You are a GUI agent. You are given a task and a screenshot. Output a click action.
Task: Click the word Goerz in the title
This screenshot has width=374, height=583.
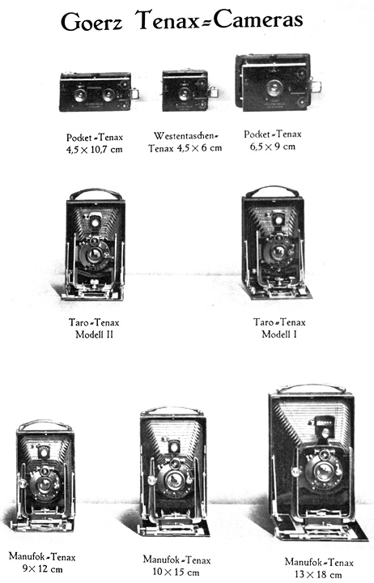pos(91,22)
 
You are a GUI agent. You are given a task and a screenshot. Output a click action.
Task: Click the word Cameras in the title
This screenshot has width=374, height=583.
pos(258,19)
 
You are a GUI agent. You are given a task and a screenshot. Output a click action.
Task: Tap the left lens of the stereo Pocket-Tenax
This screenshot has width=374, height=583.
pos(80,96)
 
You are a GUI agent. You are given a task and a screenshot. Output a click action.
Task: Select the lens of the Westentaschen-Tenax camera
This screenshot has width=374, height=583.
pos(184,94)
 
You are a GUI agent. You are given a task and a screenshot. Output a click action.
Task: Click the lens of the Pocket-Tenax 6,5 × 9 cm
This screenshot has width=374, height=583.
pos(274,87)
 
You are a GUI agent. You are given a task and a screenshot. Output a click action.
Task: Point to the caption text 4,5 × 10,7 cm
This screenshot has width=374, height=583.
pos(95,150)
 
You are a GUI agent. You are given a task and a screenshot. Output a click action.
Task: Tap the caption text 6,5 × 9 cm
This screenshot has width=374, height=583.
pos(273,146)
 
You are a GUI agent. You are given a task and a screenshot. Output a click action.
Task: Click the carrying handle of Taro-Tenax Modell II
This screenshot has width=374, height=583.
pos(96,193)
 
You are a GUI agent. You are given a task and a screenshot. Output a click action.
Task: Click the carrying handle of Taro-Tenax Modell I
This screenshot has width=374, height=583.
pos(273,190)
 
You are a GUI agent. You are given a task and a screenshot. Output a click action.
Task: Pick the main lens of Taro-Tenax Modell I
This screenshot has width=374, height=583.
pos(278,253)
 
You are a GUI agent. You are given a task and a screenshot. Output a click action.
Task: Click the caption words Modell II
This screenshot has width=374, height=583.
pos(94,334)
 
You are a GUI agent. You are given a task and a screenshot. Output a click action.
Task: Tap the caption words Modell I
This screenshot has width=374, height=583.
pos(279,334)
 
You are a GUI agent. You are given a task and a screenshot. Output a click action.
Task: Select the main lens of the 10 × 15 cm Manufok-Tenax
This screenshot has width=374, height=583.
pos(173,481)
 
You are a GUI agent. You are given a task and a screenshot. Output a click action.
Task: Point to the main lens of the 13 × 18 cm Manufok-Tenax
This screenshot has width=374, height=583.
pos(323,471)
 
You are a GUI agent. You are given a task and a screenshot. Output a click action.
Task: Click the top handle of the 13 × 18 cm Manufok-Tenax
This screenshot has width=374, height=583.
pos(312,389)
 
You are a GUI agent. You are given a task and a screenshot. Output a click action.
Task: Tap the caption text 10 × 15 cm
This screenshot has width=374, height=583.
pos(176,572)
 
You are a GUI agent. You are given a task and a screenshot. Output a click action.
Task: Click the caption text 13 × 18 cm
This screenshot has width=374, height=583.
pos(318,574)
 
